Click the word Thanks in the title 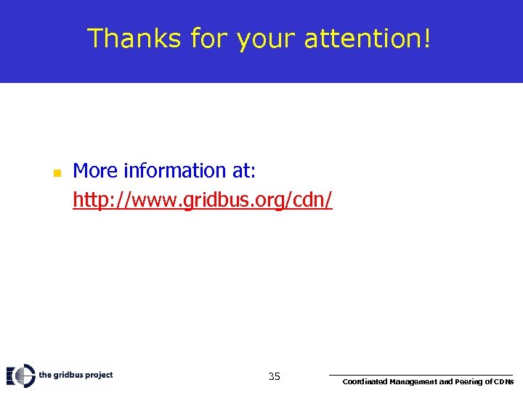134,39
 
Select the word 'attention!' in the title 368,39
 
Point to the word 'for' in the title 210,39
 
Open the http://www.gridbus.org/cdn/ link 203,200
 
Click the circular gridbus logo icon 23,376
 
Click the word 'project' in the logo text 98,376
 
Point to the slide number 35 274,376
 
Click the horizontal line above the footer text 421,375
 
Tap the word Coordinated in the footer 365,381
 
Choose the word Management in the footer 413,381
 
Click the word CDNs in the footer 504,381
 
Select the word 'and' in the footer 446,381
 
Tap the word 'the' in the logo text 44,375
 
